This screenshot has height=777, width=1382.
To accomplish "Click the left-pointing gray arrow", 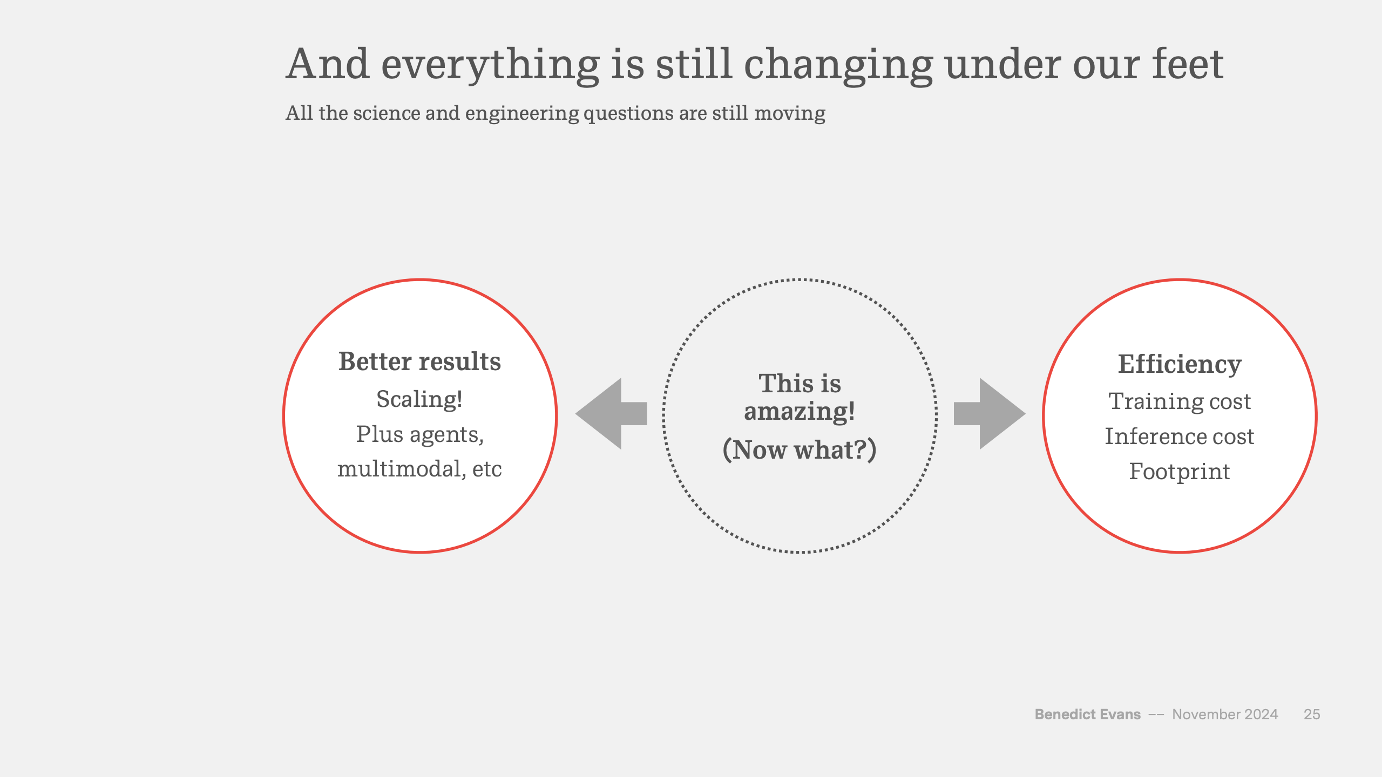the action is click(611, 414).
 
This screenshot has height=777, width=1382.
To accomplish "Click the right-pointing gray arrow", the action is click(990, 414).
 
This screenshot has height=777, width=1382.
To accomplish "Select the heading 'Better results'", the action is click(419, 362).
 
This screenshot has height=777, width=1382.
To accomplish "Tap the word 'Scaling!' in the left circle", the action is click(419, 400).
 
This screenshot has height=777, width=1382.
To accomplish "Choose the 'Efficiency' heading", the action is click(1180, 365).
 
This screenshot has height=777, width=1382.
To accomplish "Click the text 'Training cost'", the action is click(1180, 401).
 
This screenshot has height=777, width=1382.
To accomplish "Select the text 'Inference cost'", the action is click(1180, 436).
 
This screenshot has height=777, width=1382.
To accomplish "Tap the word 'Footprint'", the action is click(1180, 472).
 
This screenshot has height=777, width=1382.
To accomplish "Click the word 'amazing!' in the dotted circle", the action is click(800, 412).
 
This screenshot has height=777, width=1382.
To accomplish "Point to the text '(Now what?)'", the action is click(800, 449).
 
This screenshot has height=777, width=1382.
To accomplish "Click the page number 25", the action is click(1312, 714).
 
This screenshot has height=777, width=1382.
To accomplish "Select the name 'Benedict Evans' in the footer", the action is click(1088, 714).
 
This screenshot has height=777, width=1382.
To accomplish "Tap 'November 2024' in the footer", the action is click(1225, 714).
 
